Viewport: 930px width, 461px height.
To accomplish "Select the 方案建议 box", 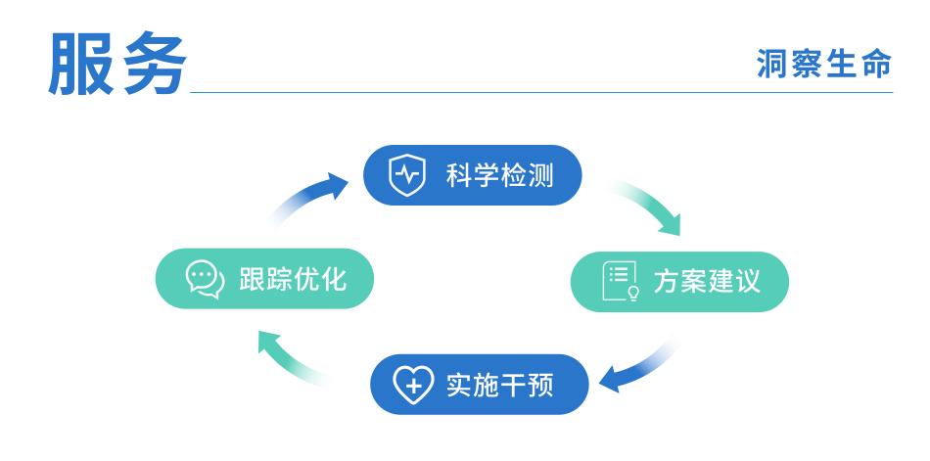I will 679,283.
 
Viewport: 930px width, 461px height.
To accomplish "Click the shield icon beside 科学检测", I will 404,177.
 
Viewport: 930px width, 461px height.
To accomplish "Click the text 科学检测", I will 499,177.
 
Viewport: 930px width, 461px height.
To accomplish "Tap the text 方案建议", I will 706,284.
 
